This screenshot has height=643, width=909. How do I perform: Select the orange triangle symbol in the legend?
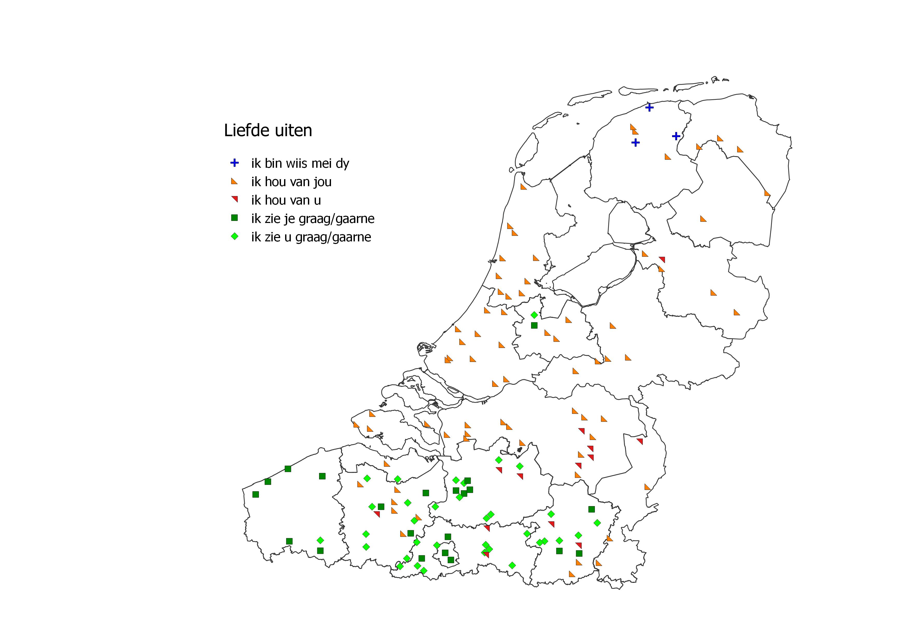(234, 181)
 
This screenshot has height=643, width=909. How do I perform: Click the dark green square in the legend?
(234, 218)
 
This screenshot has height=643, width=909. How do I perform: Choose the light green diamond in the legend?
(234, 236)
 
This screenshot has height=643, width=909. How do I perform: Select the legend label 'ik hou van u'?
(286, 200)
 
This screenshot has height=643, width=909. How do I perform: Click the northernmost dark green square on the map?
(534, 325)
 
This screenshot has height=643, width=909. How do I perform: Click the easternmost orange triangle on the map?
(767, 193)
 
